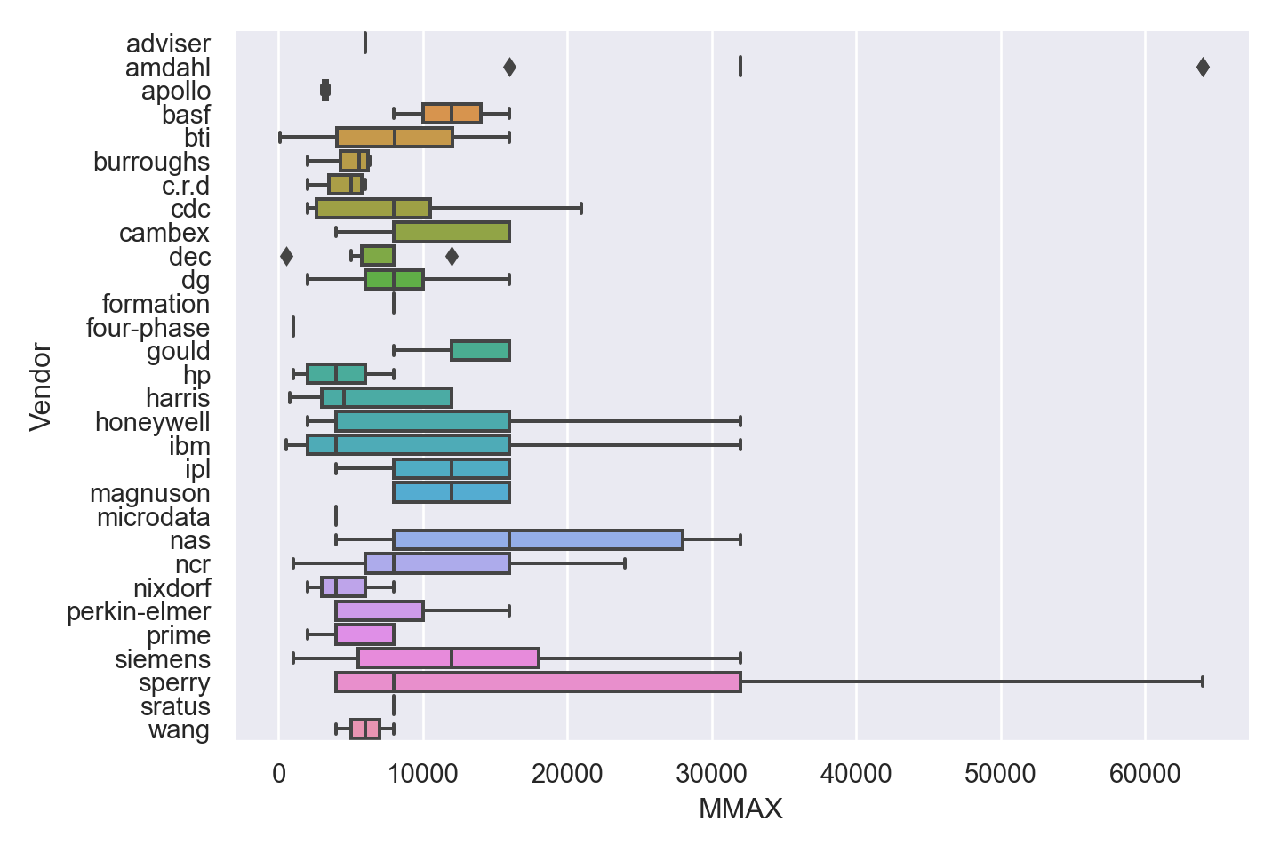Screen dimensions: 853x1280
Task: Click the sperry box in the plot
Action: pyautogui.click(x=538, y=682)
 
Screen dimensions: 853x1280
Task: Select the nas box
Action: pyautogui.click(x=538, y=540)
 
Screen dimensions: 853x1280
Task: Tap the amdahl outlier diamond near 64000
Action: pyautogui.click(x=1203, y=67)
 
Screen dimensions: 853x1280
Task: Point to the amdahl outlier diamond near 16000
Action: pyautogui.click(x=509, y=67)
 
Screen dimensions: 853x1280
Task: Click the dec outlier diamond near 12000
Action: pyautogui.click(x=452, y=257)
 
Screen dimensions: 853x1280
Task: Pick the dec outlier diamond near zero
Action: pyautogui.click(x=286, y=257)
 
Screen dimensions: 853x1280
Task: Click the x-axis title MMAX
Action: pyautogui.click(x=740, y=809)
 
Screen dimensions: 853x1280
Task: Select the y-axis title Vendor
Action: pyautogui.click(x=41, y=387)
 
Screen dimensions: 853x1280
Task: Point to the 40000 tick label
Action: pyautogui.click(x=856, y=774)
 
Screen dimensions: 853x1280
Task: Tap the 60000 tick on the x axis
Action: pyautogui.click(x=1145, y=774)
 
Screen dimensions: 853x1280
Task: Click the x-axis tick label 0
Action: pyautogui.click(x=279, y=774)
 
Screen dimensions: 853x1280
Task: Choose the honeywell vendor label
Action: pyautogui.click(x=153, y=422)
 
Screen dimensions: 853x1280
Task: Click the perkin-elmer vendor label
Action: pyautogui.click(x=139, y=611)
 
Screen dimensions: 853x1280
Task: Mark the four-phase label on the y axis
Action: pyautogui.click(x=148, y=328)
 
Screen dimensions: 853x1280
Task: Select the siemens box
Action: pyautogui.click(x=448, y=658)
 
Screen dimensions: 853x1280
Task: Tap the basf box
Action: pyautogui.click(x=452, y=114)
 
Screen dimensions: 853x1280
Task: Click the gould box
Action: pyautogui.click(x=480, y=351)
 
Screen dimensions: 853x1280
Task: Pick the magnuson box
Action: pyautogui.click(x=452, y=493)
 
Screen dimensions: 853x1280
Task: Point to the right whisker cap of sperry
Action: pyautogui.click(x=1203, y=682)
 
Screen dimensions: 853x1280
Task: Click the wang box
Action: pyautogui.click(x=365, y=729)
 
